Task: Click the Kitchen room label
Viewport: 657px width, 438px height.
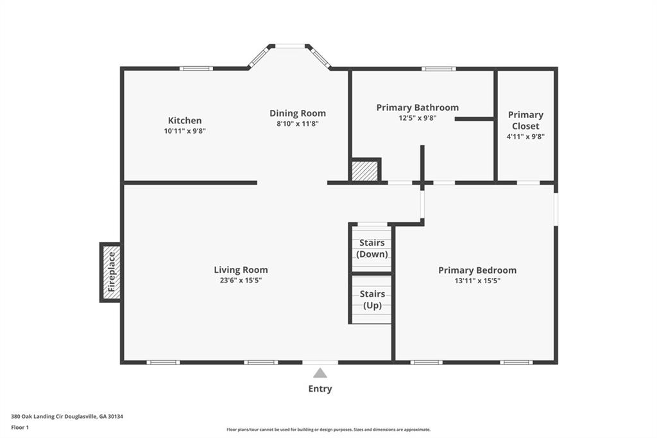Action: tap(185, 120)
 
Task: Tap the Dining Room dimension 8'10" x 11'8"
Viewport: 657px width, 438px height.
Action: tap(298, 124)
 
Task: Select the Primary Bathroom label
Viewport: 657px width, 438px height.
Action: tap(417, 107)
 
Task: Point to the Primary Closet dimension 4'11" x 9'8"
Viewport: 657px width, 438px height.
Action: tap(525, 136)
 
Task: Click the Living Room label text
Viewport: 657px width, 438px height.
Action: tap(241, 270)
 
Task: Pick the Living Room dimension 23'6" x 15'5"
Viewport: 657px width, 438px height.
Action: tap(241, 281)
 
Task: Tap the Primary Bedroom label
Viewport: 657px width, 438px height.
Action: tap(477, 270)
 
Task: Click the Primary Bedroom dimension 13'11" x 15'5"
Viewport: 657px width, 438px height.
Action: tap(477, 281)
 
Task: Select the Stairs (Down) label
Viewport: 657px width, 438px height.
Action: tap(372, 249)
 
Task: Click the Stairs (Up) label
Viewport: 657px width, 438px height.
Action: tap(372, 299)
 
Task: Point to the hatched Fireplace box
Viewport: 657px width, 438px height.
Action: tap(111, 272)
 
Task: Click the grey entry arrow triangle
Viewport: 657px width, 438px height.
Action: tap(320, 373)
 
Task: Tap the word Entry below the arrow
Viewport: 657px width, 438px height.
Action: tap(320, 389)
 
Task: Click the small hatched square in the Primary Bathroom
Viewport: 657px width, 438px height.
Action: tap(365, 171)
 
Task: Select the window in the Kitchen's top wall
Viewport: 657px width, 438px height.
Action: tap(196, 68)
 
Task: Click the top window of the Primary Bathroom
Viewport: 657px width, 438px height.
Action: tap(438, 68)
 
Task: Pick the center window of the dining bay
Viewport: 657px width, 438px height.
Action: tap(290, 46)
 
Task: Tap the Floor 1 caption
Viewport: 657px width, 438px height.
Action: tap(20, 428)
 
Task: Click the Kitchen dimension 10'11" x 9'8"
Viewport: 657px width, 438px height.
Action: tap(185, 131)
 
